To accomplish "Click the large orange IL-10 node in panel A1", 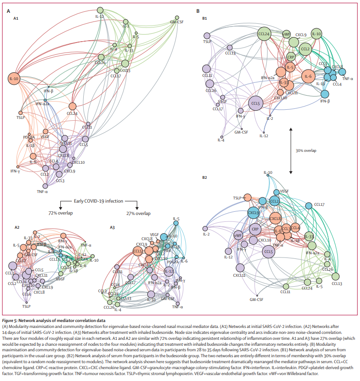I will click(14, 79).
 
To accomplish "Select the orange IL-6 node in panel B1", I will click(309, 76).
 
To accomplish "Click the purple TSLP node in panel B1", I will click(207, 35).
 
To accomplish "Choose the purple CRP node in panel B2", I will click(255, 229).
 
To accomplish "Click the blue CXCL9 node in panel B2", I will click(253, 212).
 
